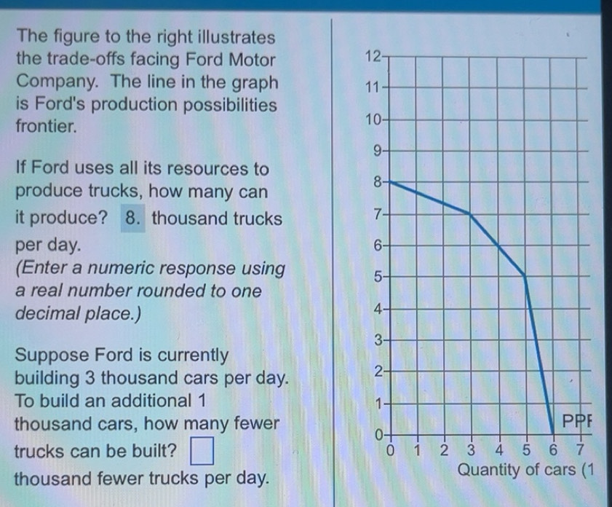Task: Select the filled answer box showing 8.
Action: click(132, 217)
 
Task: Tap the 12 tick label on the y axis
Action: click(372, 57)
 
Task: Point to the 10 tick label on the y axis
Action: click(373, 119)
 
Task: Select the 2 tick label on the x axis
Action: click(445, 448)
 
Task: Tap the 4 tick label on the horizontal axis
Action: click(498, 448)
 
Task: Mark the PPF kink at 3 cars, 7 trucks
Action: click(470, 214)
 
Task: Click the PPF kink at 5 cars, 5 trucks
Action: click(525, 275)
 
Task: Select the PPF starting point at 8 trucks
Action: click(390, 182)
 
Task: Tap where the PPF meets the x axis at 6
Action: click(552, 433)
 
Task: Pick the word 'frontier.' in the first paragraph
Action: click(46, 126)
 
